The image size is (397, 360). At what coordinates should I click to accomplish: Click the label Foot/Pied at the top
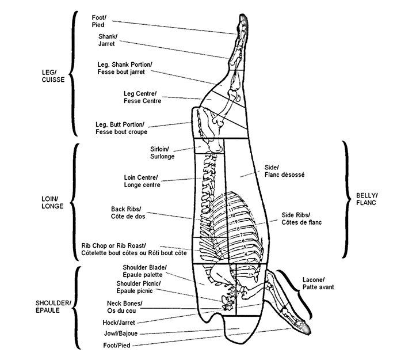click(100, 21)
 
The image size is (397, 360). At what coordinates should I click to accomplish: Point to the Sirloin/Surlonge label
click(162, 152)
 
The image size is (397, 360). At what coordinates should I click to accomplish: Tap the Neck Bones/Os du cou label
click(125, 306)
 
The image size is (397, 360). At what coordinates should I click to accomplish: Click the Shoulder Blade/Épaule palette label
click(144, 271)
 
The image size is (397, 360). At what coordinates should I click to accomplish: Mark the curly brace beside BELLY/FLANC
click(348, 199)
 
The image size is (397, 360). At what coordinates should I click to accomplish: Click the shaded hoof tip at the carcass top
click(242, 21)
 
